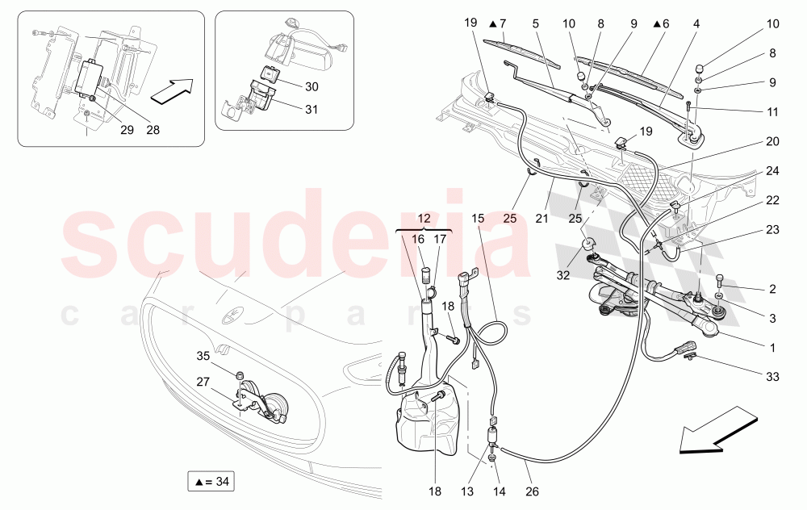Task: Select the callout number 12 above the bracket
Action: [x=423, y=219]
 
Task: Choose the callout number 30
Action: [x=312, y=86]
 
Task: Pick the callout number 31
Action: [x=312, y=111]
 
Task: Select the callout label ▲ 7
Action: [x=497, y=23]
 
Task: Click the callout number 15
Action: [x=478, y=219]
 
